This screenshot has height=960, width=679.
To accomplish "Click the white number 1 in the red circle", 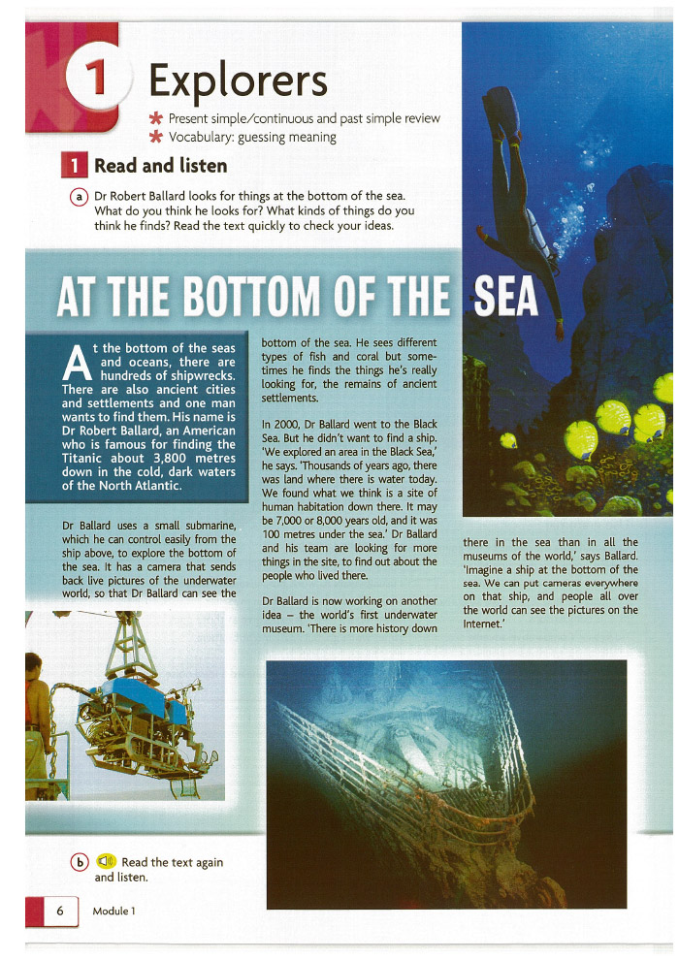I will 97,80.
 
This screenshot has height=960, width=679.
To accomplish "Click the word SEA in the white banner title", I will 505,299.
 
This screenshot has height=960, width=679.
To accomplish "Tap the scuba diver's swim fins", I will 501,104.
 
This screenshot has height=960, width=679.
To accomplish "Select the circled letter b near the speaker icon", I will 80,862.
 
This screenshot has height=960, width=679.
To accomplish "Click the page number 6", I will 60,911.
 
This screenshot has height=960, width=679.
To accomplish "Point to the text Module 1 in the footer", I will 113,911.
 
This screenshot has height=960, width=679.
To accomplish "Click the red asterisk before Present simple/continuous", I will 153,118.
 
